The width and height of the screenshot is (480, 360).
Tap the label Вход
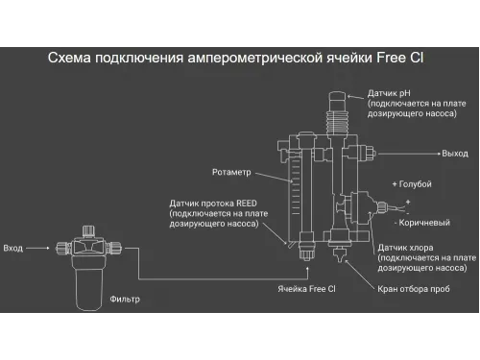pyautogui.click(x=13, y=247)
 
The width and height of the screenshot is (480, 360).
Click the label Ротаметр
pyautogui.click(x=230, y=173)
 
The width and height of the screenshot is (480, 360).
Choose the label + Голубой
pyautogui.click(x=413, y=183)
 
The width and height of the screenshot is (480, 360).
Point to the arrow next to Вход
pyautogui.click(x=39, y=247)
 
